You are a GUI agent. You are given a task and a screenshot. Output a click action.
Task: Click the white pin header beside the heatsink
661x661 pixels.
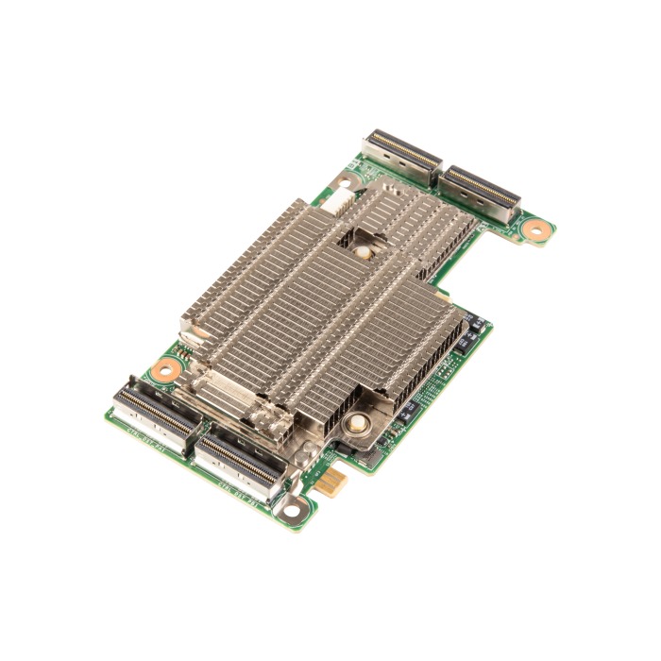click(338, 199)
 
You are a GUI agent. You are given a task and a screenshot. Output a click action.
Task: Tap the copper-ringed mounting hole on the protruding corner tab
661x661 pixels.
click(536, 228)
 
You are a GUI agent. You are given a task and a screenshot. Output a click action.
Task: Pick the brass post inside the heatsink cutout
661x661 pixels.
click(360, 254)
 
